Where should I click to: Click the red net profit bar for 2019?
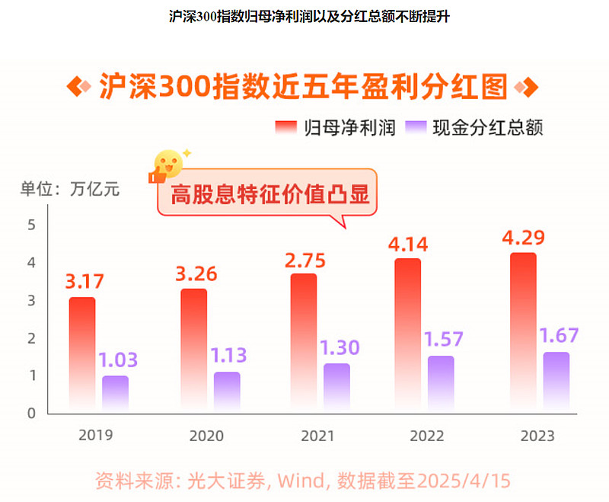point(82,354)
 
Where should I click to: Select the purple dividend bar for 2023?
point(556,382)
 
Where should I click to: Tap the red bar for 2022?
point(407,335)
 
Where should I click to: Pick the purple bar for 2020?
point(227,392)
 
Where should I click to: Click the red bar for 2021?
point(303,343)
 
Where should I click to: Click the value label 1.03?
point(118,360)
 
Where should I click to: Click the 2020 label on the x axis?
point(206,436)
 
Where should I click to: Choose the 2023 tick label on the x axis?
point(537,436)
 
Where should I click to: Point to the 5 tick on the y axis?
point(32,225)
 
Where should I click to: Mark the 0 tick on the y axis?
point(32,413)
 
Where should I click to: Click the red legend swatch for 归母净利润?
point(285,127)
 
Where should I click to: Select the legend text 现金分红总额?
point(487,127)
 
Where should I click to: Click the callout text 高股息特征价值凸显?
point(269,194)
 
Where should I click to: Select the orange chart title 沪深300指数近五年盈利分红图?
point(303,86)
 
